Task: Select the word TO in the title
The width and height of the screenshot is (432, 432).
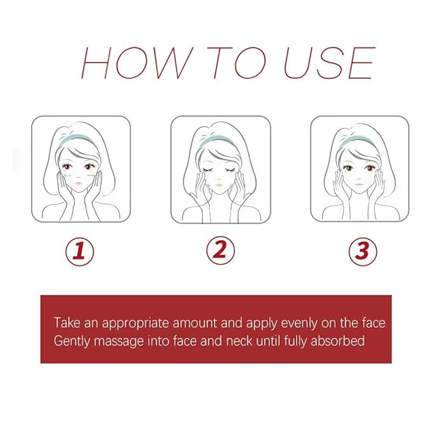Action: click(237, 63)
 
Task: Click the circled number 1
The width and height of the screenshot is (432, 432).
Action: click(80, 251)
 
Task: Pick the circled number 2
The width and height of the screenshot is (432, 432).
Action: click(220, 250)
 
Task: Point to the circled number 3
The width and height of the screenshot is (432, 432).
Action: click(363, 251)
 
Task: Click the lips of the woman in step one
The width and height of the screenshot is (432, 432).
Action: click(78, 183)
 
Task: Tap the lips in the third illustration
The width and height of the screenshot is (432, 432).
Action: click(358, 184)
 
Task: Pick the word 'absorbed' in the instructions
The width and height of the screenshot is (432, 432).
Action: click(337, 340)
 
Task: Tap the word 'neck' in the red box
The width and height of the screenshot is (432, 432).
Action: click(239, 340)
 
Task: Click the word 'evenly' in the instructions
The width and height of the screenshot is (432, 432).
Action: click(299, 323)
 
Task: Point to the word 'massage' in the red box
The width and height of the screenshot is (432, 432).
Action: click(118, 342)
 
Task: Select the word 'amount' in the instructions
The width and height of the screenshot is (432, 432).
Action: click(195, 323)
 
